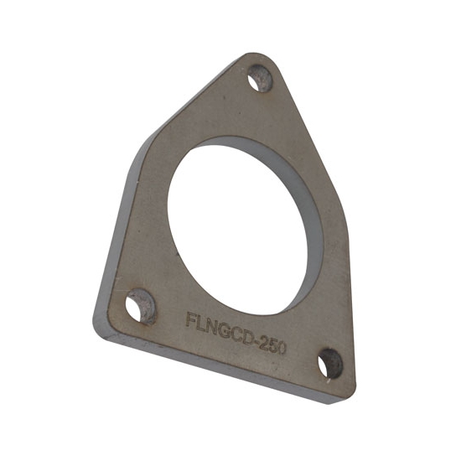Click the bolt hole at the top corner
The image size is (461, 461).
(x=262, y=80)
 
